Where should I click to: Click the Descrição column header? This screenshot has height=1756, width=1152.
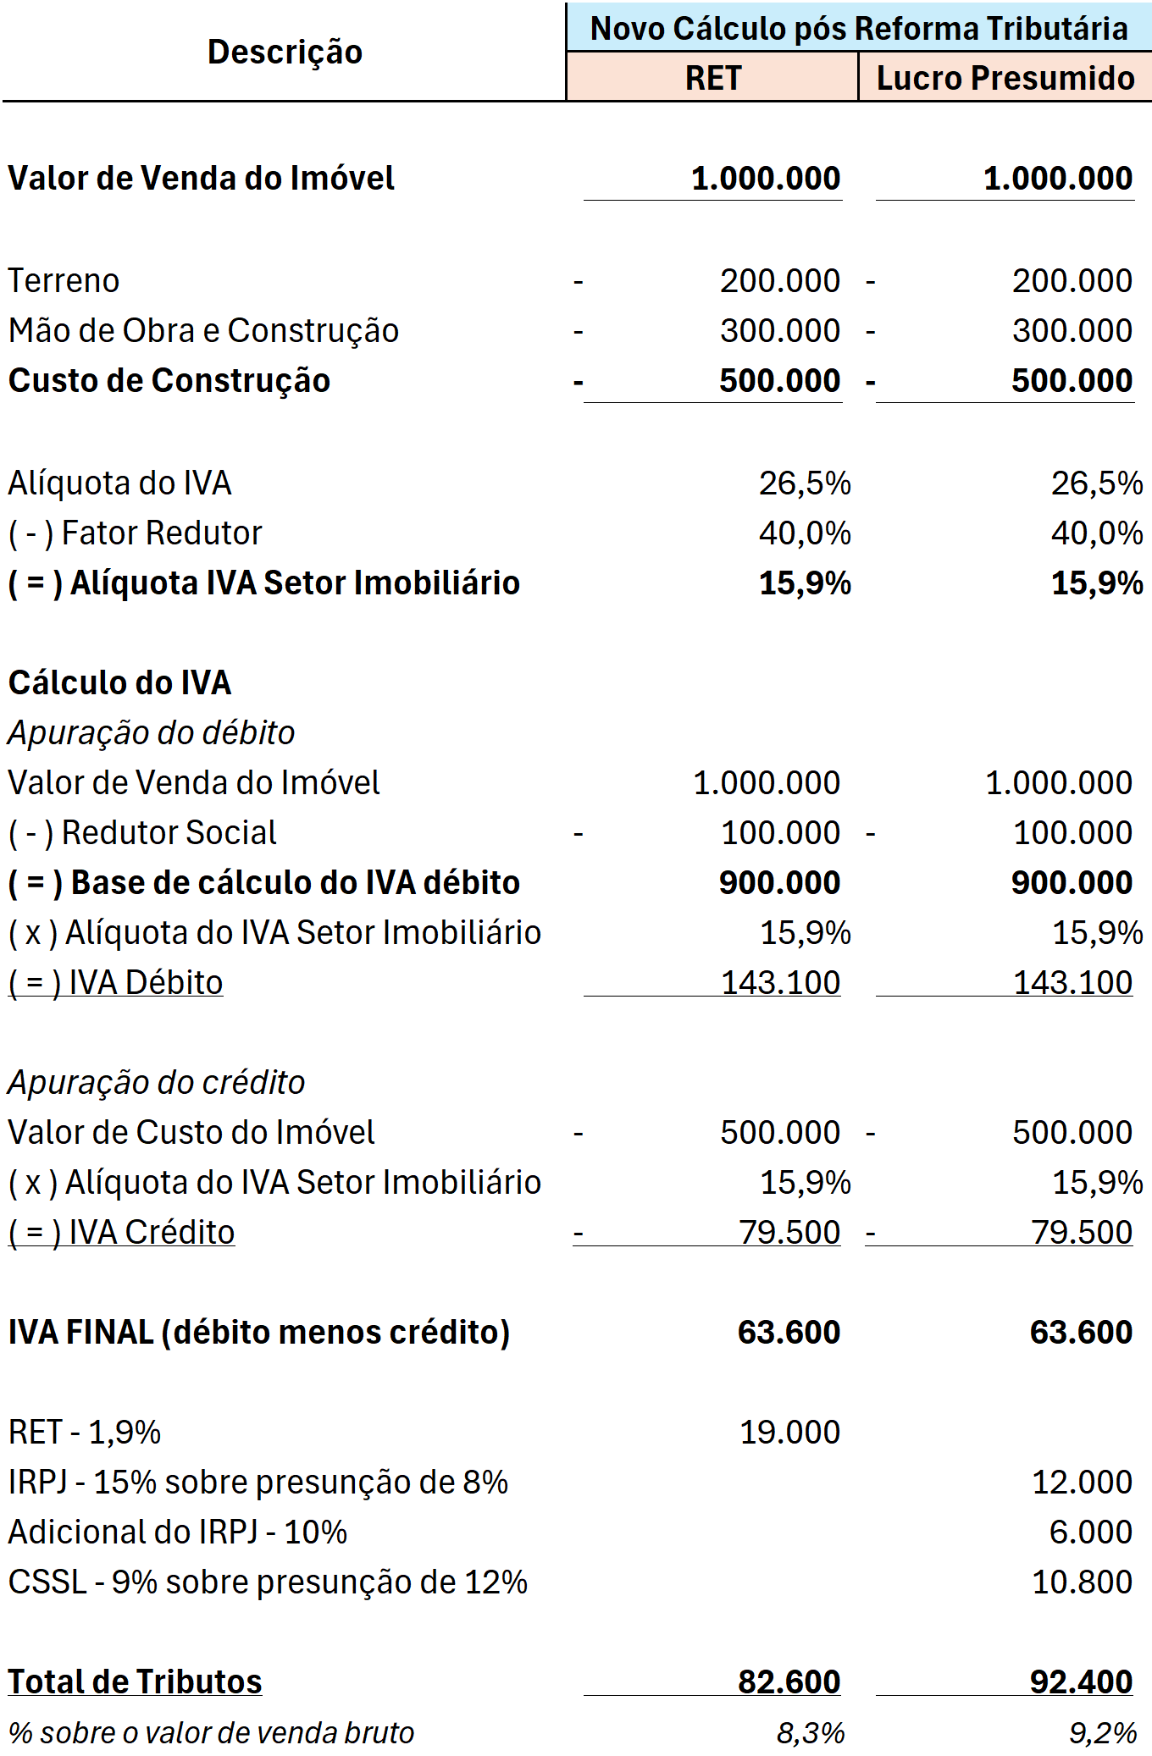click(x=285, y=52)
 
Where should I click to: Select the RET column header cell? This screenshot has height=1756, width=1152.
click(x=713, y=78)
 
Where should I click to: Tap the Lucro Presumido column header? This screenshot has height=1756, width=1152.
click(x=1005, y=78)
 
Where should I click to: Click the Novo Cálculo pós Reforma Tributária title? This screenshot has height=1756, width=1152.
click(x=859, y=29)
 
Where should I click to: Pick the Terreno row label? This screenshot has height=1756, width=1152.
click(x=64, y=281)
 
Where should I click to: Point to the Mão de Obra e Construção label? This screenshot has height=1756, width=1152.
click(x=203, y=331)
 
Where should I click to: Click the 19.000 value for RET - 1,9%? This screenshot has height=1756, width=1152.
click(x=789, y=1433)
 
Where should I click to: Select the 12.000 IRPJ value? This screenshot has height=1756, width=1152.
click(x=1082, y=1483)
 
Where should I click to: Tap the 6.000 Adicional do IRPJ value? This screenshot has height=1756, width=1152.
click(x=1090, y=1532)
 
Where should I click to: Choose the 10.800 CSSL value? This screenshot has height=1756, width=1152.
click(x=1082, y=1582)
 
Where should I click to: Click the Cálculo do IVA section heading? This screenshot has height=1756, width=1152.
click(x=119, y=683)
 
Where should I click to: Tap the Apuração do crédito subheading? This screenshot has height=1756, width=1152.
click(x=157, y=1083)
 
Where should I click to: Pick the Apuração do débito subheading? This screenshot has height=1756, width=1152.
click(x=152, y=733)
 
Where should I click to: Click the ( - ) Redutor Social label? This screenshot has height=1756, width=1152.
click(x=142, y=833)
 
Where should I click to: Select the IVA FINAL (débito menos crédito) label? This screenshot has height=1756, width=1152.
click(x=259, y=1333)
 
